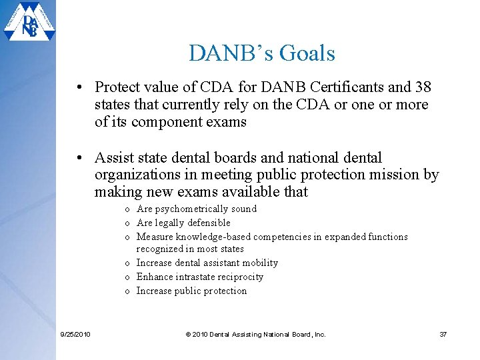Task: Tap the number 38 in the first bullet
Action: pyautogui.click(x=422, y=87)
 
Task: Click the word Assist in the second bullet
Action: pyautogui.click(x=115, y=158)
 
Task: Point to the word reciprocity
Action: pyautogui.click(x=239, y=277)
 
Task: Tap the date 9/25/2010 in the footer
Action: pyautogui.click(x=74, y=334)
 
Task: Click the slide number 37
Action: pyautogui.click(x=443, y=334)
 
